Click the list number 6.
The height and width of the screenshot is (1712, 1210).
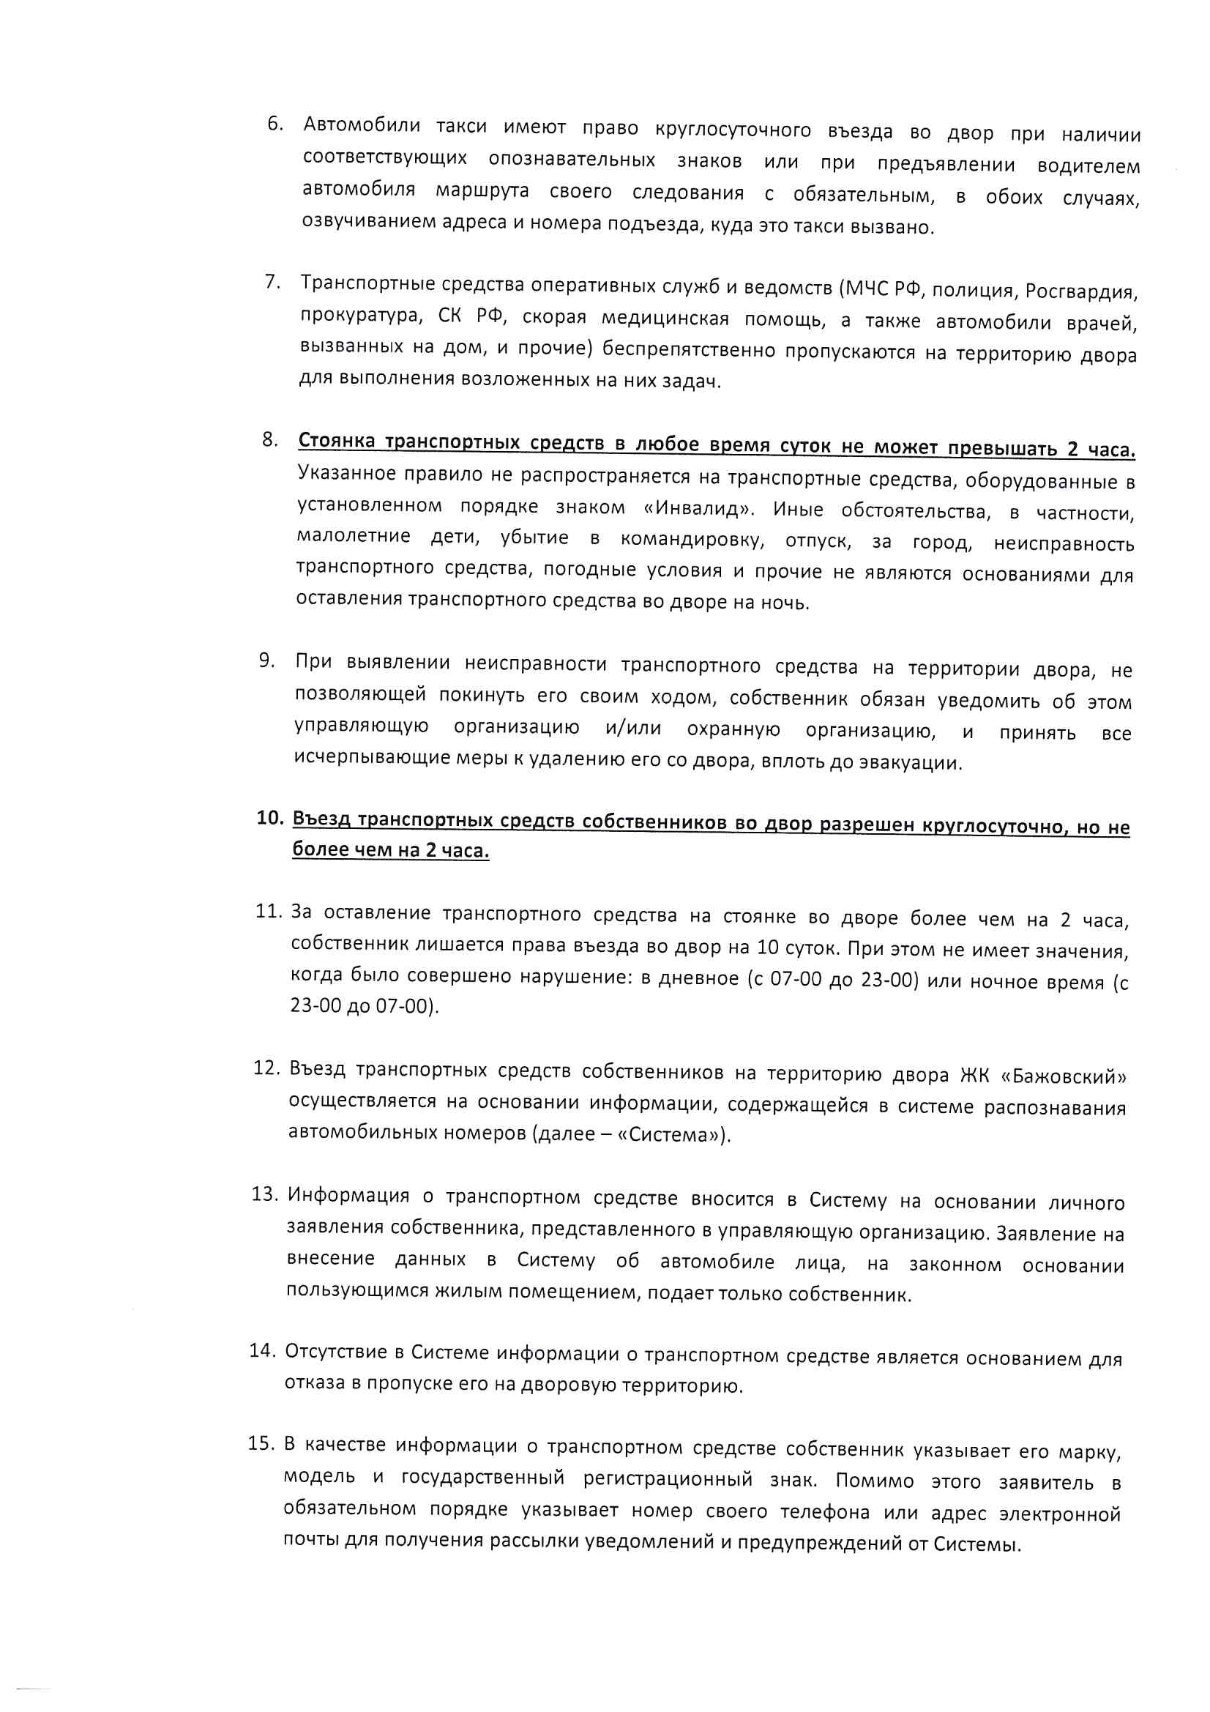pyautogui.click(x=275, y=124)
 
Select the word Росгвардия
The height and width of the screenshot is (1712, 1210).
pyautogui.click(x=1082, y=291)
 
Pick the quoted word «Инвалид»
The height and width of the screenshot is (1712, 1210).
pyautogui.click(x=698, y=508)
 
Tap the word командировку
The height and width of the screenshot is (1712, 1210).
pyautogui.click(x=692, y=540)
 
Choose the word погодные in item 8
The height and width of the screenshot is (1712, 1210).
pyautogui.click(x=589, y=570)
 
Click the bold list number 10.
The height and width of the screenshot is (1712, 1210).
pyautogui.click(x=270, y=818)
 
